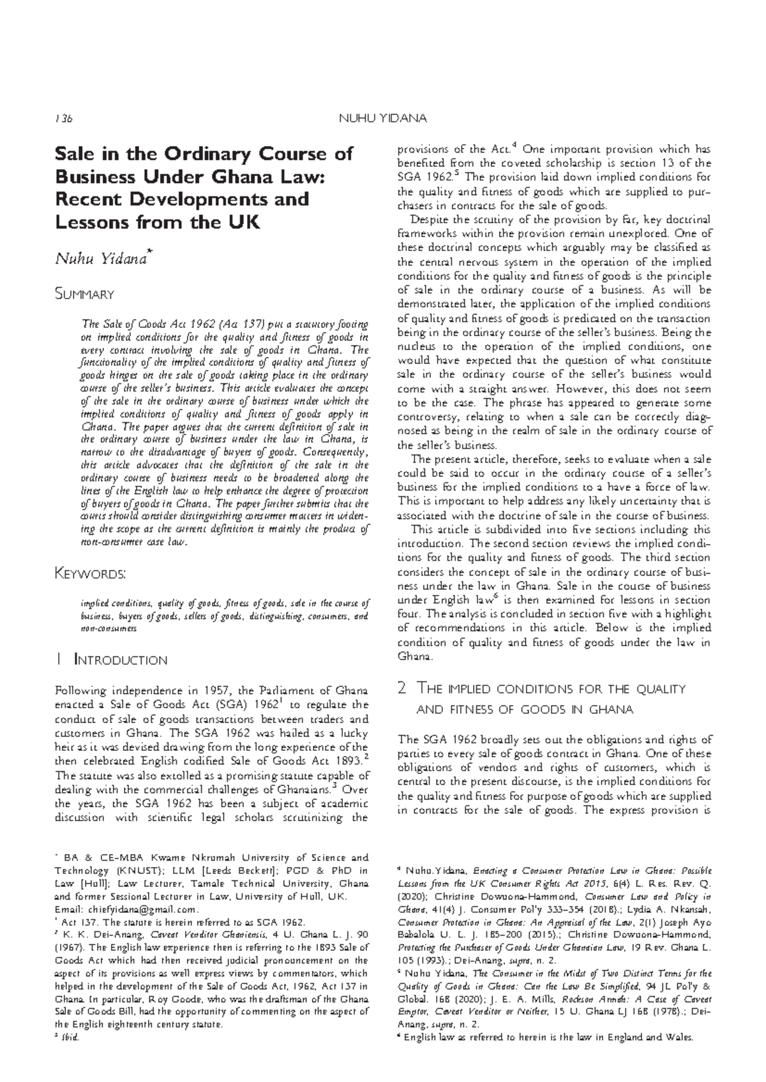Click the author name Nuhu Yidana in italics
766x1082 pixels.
tap(102, 258)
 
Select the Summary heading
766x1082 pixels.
tap(84, 294)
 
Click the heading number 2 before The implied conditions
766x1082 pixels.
tap(402, 688)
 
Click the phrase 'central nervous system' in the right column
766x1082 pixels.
tap(468, 262)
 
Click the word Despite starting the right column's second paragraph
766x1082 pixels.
tap(432, 220)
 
